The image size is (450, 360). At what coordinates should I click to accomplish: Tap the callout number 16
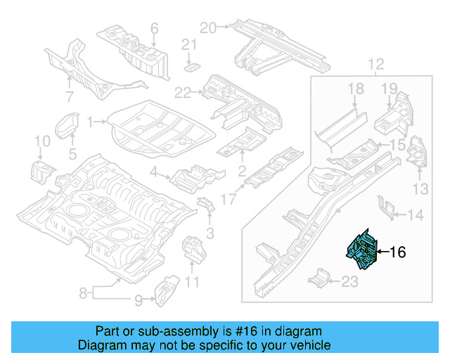click(397, 252)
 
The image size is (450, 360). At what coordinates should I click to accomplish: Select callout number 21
click(187, 45)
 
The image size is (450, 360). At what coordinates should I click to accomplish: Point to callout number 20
click(207, 27)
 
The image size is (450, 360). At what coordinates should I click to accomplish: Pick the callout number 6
click(154, 29)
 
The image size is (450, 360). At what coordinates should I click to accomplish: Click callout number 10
click(41, 143)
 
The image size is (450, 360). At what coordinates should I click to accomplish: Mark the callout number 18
click(355, 88)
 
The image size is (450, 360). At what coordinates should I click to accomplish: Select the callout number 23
click(350, 282)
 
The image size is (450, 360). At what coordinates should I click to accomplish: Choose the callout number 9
click(139, 301)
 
